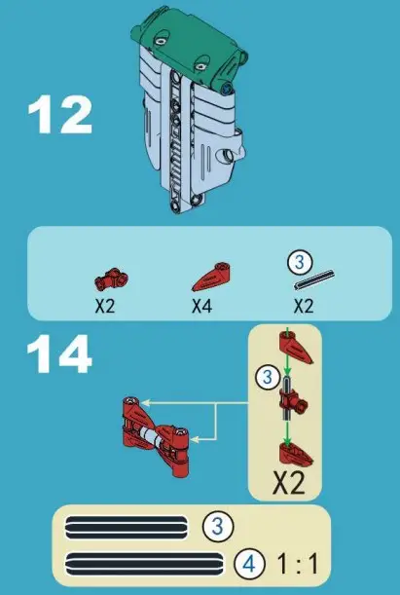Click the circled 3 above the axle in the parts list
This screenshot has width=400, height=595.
302,261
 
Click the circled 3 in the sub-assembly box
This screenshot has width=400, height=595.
263,375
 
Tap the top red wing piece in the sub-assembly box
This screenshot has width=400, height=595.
293,346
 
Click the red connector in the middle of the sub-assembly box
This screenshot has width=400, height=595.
292,398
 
